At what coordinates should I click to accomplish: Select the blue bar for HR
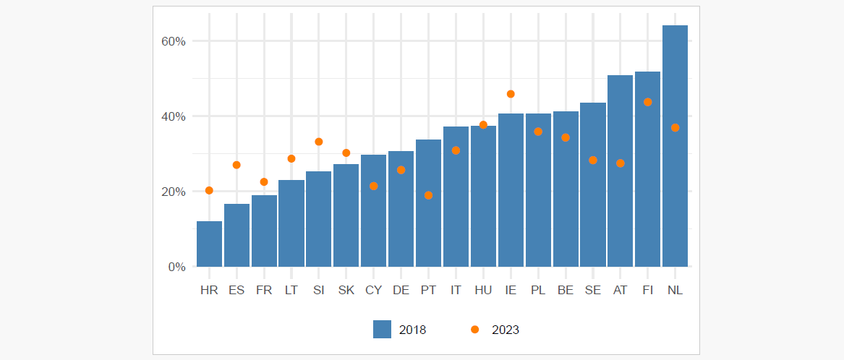pyautogui.click(x=209, y=244)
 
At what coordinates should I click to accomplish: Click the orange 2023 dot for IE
pyautogui.click(x=511, y=94)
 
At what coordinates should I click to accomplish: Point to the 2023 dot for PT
pyautogui.click(x=428, y=195)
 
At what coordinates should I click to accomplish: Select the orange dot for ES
pyautogui.click(x=236, y=165)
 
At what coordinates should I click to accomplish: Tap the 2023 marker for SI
pyautogui.click(x=319, y=142)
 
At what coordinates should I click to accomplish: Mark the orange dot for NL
pyautogui.click(x=675, y=128)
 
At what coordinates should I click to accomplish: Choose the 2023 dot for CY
pyautogui.click(x=373, y=186)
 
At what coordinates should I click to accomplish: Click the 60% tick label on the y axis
pyautogui.click(x=174, y=41)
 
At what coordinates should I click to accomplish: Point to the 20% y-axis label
pyautogui.click(x=174, y=192)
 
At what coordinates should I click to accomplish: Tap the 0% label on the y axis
pyautogui.click(x=177, y=267)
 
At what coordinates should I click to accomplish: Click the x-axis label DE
pyautogui.click(x=401, y=290)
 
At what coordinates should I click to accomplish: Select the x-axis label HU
pyautogui.click(x=483, y=290)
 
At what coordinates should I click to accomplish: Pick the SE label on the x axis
pyautogui.click(x=592, y=290)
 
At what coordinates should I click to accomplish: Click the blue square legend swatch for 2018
pyautogui.click(x=382, y=330)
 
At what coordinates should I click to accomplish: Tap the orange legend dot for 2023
pyautogui.click(x=475, y=330)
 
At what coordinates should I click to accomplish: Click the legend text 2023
pyautogui.click(x=506, y=330)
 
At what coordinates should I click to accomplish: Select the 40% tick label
pyautogui.click(x=174, y=116)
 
